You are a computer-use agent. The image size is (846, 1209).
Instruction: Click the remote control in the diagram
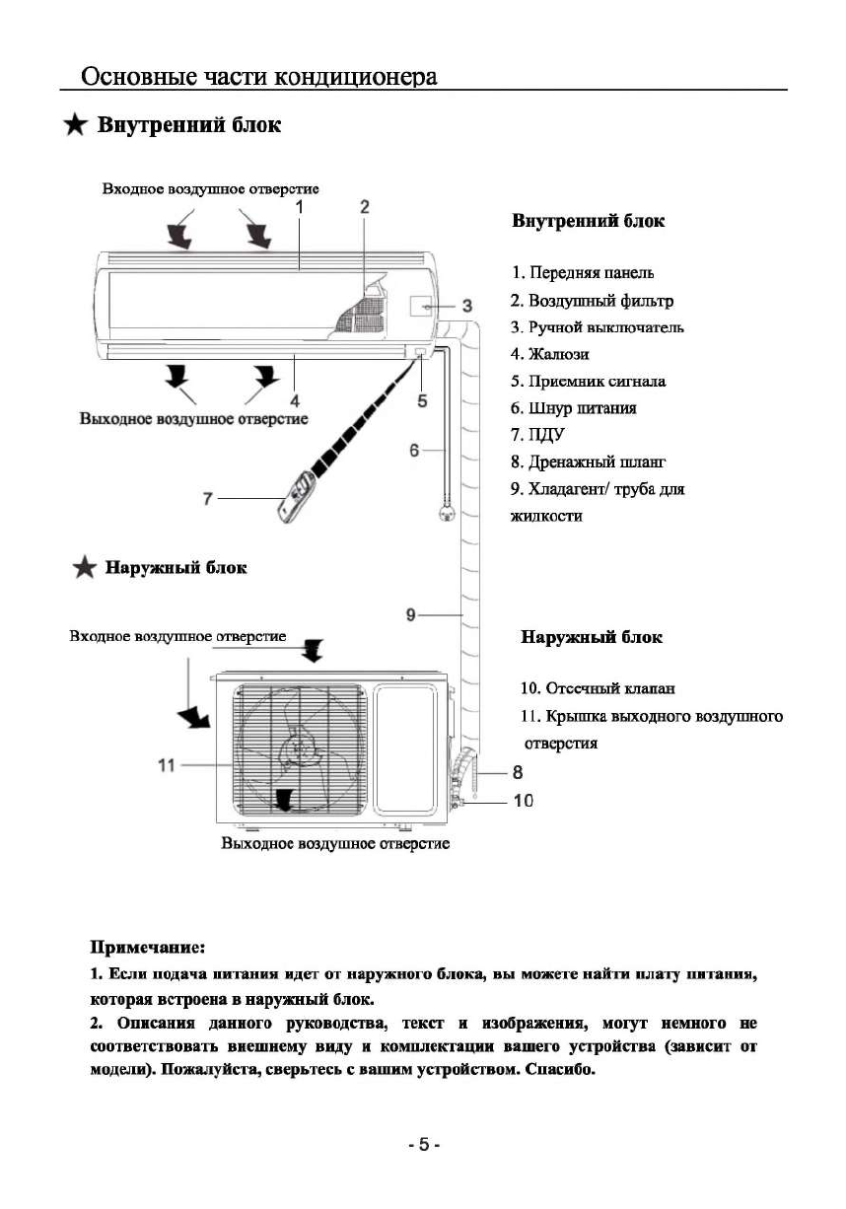coord(298,499)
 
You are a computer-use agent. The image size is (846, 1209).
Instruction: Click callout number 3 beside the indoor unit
coord(467,304)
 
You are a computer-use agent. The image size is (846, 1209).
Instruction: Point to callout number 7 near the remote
coord(208,498)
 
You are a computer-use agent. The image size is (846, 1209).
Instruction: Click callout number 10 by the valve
coord(523,801)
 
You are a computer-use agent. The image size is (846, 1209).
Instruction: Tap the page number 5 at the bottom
coord(423,1145)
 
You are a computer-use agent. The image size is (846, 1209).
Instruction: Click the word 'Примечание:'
coord(147,948)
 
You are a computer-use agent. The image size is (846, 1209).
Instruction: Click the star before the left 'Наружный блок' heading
coord(87,567)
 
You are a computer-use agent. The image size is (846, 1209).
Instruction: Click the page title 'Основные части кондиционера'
coord(259,76)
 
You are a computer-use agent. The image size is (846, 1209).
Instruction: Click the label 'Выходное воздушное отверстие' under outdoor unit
coord(335,844)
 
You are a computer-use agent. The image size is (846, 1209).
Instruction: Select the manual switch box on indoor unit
coord(417,307)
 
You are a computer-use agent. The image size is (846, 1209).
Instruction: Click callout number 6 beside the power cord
coord(415,450)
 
